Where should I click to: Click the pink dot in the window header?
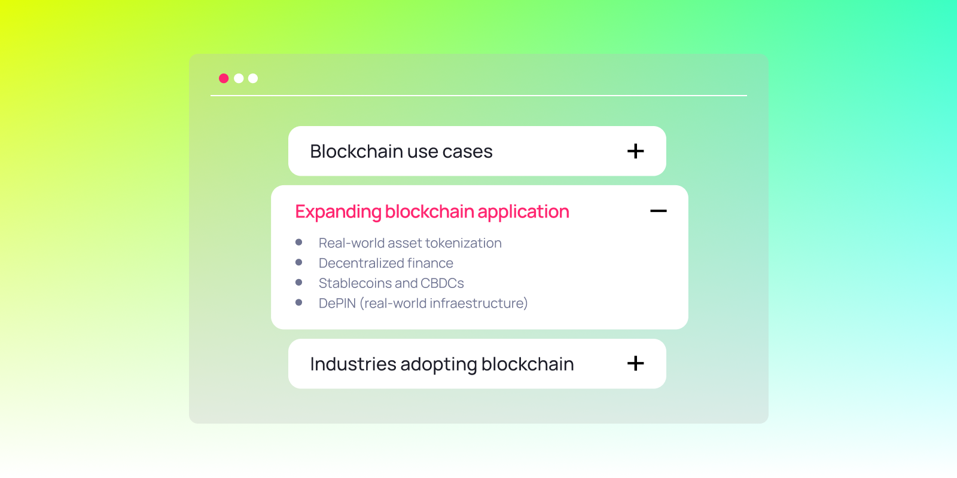coord(224,78)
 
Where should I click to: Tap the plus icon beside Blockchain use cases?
coord(635,151)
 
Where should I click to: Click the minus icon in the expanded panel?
coord(658,211)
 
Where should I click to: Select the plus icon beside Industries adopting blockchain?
coord(635,363)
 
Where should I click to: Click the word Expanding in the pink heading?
coord(338,212)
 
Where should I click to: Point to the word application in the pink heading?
coord(523,212)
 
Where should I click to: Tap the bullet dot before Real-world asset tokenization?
coord(299,242)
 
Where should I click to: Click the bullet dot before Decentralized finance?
coord(299,262)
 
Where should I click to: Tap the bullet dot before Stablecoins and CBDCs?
coord(299,282)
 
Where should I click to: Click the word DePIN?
coord(337,304)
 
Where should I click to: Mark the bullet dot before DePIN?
coord(299,302)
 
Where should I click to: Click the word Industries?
coord(353,364)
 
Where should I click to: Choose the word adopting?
coord(438,364)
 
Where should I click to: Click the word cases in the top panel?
coord(467,152)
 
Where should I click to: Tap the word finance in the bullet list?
coord(430,263)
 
